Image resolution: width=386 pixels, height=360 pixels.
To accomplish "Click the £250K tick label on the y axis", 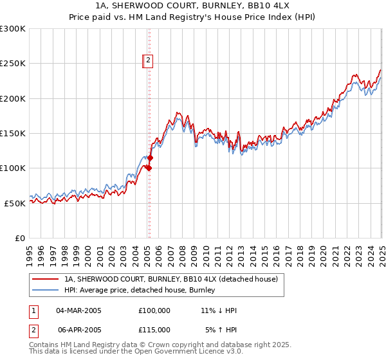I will [13, 64].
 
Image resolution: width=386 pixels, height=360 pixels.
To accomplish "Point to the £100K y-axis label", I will [13, 168].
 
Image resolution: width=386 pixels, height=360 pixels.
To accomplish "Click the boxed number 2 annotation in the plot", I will [147, 61].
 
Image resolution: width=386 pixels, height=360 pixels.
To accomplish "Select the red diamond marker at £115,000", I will [151, 157].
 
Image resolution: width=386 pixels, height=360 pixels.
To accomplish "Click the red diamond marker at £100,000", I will [149, 168].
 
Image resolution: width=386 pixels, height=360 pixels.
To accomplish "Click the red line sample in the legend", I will [46, 279].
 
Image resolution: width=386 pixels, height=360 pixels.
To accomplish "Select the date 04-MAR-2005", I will [79, 310].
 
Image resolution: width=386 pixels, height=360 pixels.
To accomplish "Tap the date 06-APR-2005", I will [79, 329].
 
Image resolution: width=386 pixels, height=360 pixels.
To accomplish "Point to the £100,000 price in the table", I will [154, 310].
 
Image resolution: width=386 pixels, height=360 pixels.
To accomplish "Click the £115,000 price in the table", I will [154, 329].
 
